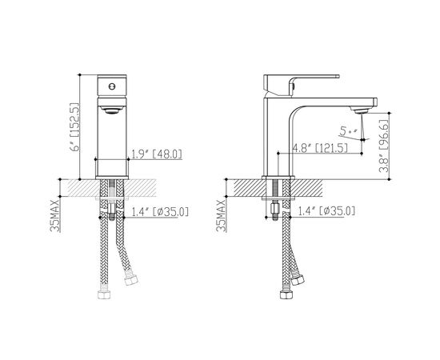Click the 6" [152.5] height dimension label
[76, 127]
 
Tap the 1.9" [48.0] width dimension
[157, 154]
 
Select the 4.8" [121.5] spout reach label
[320, 148]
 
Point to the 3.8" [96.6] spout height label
[383, 146]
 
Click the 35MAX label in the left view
[55, 215]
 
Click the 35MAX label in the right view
[221, 215]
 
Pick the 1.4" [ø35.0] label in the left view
[160, 212]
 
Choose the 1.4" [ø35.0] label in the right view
[326, 211]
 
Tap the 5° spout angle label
[349, 130]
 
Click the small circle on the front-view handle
[112, 86]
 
